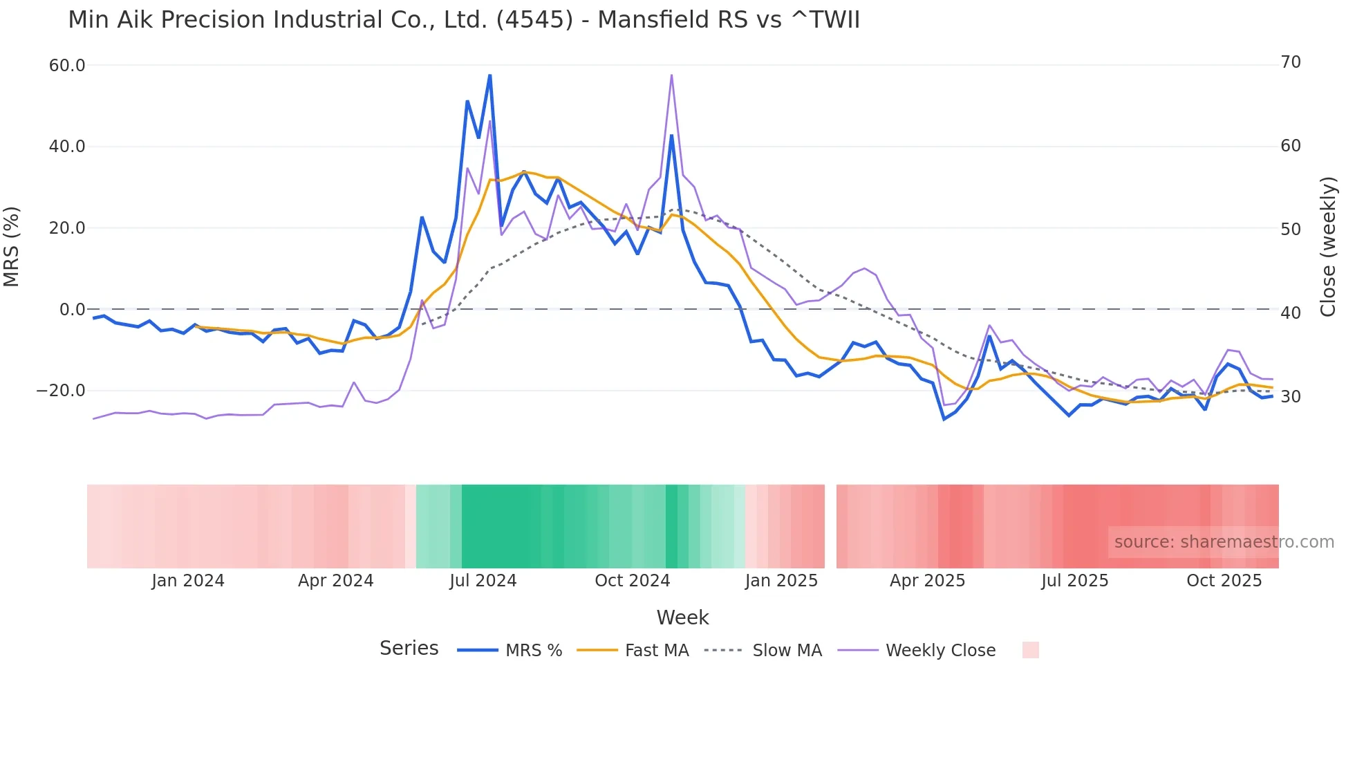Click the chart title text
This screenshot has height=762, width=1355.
pyautogui.click(x=464, y=20)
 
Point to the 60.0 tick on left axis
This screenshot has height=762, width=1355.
pyautogui.click(x=67, y=66)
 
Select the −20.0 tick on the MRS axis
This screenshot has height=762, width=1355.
pyautogui.click(x=61, y=391)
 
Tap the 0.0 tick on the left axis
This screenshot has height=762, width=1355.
pyautogui.click(x=72, y=310)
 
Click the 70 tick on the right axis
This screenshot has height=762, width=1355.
pyautogui.click(x=1291, y=62)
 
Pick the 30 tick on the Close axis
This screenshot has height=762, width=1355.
pyautogui.click(x=1291, y=397)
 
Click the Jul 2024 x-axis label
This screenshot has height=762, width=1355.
pyautogui.click(x=483, y=581)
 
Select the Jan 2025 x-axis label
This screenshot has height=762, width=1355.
pyautogui.click(x=781, y=581)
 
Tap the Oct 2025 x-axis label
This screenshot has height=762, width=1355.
pyautogui.click(x=1224, y=581)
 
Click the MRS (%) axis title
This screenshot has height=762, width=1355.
pyautogui.click(x=12, y=247)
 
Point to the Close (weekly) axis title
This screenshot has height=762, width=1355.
pyautogui.click(x=1328, y=247)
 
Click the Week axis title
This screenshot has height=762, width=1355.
pyautogui.click(x=682, y=617)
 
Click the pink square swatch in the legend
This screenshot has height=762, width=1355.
pyautogui.click(x=1030, y=650)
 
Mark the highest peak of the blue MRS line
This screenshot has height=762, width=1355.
pyautogui.click(x=489, y=75)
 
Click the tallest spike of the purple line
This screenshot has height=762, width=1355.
pyautogui.click(x=671, y=75)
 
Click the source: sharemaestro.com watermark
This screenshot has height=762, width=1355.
pyautogui.click(x=1224, y=542)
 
